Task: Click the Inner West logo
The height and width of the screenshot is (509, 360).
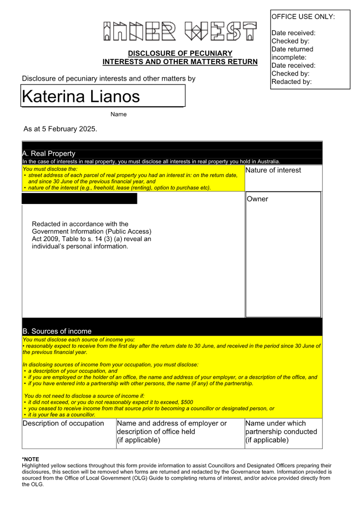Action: point(180,31)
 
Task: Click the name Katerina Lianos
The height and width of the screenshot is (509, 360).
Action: point(81,96)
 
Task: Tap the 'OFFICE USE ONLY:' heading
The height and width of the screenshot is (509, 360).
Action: point(303,17)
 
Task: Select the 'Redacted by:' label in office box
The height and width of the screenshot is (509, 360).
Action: point(292,82)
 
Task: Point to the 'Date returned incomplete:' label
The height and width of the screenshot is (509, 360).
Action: point(292,53)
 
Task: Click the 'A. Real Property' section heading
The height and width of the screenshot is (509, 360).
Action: point(49,154)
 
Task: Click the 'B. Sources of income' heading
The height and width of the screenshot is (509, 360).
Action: point(57,331)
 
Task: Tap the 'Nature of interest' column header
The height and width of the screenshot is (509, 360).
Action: point(273,170)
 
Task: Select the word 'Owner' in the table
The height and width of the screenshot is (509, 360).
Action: point(257,199)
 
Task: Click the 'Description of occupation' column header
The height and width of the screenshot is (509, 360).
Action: point(63,423)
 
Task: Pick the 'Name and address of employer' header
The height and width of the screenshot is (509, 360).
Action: point(172,423)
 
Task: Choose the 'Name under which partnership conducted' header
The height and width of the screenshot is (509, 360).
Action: point(281,432)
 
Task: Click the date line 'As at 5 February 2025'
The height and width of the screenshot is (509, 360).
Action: point(60,129)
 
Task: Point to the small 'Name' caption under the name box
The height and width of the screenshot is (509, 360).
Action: point(118,114)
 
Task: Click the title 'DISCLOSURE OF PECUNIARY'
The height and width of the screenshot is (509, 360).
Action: point(180,53)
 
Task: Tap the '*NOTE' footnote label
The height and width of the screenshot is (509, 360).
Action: point(31,459)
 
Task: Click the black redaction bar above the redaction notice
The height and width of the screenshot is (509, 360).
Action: point(79,199)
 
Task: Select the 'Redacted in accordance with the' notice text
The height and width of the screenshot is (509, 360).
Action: point(80,224)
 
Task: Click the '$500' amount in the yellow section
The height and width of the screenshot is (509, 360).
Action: point(187,402)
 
